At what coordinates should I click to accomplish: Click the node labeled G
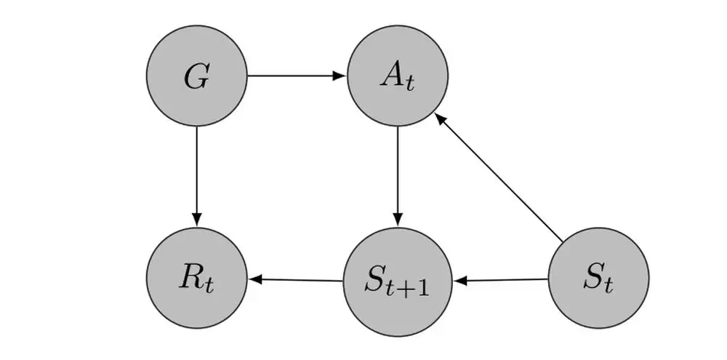point(196,76)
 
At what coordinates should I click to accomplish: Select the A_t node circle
point(398,76)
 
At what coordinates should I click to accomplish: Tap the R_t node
point(196,278)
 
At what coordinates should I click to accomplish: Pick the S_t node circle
point(598,278)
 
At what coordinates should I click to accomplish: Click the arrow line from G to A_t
point(291,76)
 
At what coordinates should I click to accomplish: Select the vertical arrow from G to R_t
point(196,175)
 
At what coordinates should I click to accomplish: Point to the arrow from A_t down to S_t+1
point(398,175)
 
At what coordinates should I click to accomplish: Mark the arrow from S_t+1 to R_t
point(298,279)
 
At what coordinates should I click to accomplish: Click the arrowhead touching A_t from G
point(340,76)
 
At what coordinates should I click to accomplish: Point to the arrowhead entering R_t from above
point(196,220)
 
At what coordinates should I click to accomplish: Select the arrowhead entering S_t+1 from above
point(398,220)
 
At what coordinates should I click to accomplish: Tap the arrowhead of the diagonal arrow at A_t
point(440,119)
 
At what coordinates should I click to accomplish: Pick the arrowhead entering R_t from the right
point(254,279)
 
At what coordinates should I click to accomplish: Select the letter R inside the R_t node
point(190,276)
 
